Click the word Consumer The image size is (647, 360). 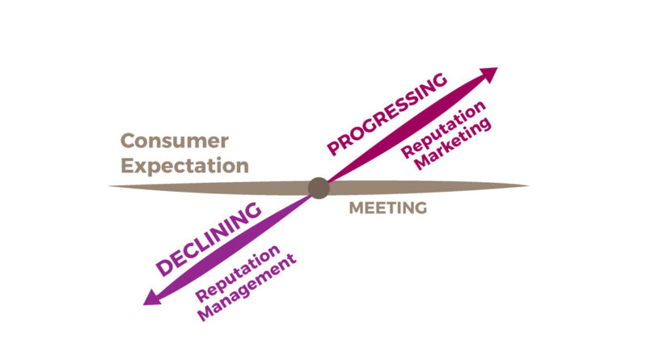tap(174, 141)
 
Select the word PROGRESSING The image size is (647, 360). tap(387, 113)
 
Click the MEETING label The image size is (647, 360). tap(387, 209)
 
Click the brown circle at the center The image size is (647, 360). tap(318, 188)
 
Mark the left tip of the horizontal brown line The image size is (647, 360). tap(111, 187)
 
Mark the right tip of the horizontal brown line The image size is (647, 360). tap(527, 186)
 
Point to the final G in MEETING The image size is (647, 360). tap(420, 209)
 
